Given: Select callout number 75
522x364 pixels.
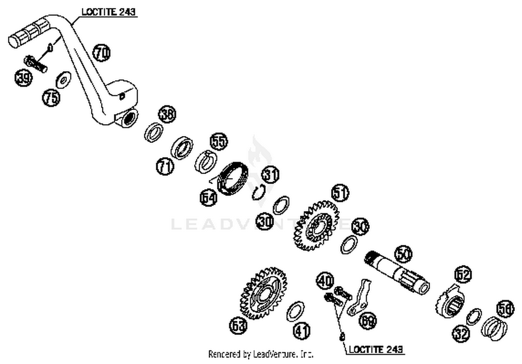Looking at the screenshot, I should coord(51,97).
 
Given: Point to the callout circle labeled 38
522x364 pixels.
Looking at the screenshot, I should coord(167,114).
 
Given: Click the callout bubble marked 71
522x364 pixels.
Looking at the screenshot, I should coord(165,166).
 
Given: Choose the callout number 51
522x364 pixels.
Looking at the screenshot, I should coord(340,192).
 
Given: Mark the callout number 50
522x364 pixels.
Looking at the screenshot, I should coord(403,254).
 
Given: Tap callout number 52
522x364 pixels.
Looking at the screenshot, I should coord(463,275).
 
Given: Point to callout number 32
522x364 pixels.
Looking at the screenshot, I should coord(461,334).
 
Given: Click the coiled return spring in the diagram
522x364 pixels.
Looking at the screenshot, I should coord(232,178).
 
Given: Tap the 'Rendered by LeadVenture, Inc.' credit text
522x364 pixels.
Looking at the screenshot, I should coord(261,354).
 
